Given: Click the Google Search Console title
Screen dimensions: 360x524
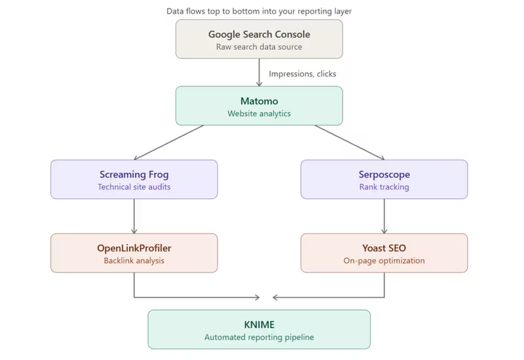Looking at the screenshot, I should click(x=259, y=34).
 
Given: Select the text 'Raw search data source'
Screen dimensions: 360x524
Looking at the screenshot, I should click(x=259, y=47).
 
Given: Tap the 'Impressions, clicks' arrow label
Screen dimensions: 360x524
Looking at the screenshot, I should click(x=303, y=74).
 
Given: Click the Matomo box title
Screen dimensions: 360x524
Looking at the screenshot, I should click(x=259, y=101).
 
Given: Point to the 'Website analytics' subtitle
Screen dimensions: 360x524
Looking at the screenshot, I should click(x=259, y=114).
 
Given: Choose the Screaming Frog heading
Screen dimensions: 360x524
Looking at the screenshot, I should click(x=134, y=174).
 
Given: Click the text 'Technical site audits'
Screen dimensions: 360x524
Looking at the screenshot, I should click(x=134, y=187).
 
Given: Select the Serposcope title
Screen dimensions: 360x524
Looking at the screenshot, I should click(x=384, y=174).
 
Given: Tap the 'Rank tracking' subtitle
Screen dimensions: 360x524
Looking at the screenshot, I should click(x=384, y=187).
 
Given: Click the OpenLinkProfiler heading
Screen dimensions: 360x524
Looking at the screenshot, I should click(x=134, y=248).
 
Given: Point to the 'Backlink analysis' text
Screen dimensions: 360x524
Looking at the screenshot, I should click(x=134, y=261).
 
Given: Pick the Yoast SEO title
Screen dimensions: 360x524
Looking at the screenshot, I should click(x=384, y=248).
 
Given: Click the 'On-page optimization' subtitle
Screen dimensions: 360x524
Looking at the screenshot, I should click(x=384, y=261).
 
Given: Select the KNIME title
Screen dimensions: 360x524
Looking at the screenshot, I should click(x=259, y=325).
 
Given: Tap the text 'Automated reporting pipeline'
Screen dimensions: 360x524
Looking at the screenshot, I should click(x=259, y=338).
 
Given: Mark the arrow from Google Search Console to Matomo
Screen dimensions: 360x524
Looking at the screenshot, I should click(x=259, y=72).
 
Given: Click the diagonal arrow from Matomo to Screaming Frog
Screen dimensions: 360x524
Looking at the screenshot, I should click(x=169, y=142).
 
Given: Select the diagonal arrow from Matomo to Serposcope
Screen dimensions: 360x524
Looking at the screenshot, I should click(x=350, y=142).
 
